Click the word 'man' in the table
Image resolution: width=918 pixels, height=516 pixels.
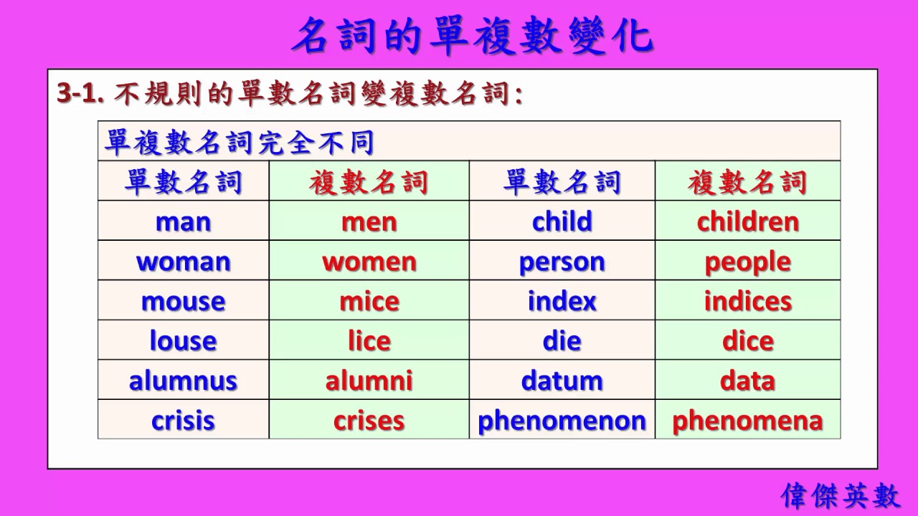pos(183,221)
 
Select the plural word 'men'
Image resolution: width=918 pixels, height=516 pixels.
pos(369,221)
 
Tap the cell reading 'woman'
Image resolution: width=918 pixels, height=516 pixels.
pos(183,262)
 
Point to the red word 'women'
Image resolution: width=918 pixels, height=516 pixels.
pos(369,262)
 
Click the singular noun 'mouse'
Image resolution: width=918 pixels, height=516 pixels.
pos(183,301)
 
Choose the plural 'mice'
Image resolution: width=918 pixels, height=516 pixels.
pos(369,301)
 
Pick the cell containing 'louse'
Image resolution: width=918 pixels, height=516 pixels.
pos(183,340)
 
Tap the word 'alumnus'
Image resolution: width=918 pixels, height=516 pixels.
pos(183,380)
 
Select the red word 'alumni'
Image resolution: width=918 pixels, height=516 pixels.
pos(369,380)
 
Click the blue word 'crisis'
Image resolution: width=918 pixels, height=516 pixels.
pos(183,420)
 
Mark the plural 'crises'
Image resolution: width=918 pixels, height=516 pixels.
pos(369,420)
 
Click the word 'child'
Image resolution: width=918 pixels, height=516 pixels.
pos(562,221)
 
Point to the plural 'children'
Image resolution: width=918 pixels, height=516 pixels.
pos(747,221)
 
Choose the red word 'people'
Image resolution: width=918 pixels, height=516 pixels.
pos(747,262)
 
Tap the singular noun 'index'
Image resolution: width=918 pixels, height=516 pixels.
pos(562,301)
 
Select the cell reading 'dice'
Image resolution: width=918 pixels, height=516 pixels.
pos(747,340)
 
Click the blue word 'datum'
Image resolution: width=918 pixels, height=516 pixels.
pos(562,380)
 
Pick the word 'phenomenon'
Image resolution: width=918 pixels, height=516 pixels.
pos(562,421)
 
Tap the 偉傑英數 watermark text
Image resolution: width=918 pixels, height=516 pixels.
pos(841,495)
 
